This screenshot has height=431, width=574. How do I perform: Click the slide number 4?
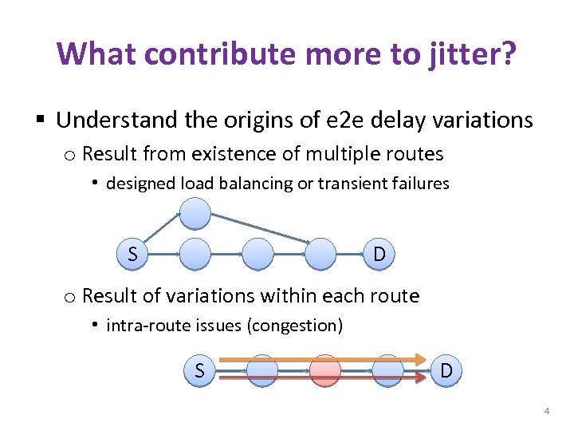point(546,411)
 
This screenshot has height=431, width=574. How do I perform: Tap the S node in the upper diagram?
point(132,254)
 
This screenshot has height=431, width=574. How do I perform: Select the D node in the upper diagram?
point(380,254)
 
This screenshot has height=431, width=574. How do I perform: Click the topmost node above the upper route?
point(195,214)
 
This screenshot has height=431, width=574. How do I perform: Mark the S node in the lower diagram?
point(199,370)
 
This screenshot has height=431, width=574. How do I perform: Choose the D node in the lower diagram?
point(447,370)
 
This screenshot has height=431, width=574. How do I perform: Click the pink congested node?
point(324,370)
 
